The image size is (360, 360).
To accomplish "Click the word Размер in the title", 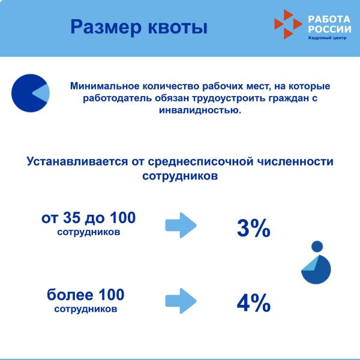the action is (106, 28).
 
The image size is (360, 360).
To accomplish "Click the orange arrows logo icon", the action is (288, 24).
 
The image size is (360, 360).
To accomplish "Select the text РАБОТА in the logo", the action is (329, 19).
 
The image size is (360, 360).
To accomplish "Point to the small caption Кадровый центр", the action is (327, 38).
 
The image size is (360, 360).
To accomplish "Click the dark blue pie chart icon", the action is (31, 93).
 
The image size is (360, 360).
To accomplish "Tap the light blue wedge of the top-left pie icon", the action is (42, 93).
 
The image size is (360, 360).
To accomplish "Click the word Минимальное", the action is (104, 86).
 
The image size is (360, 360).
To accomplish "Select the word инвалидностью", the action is (200, 110).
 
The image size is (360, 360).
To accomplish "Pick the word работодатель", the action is (117, 98).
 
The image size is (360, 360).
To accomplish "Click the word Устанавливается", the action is (77, 161).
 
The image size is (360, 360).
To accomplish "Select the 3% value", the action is (254, 228).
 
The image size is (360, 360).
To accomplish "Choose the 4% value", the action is (254, 303).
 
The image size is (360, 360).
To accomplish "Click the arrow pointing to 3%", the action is (181, 225).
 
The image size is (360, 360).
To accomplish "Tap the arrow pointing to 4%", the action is (181, 301).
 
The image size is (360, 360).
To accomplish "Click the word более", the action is (70, 295).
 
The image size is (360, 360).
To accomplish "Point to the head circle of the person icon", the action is (317, 247).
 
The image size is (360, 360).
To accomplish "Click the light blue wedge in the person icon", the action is (311, 265).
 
